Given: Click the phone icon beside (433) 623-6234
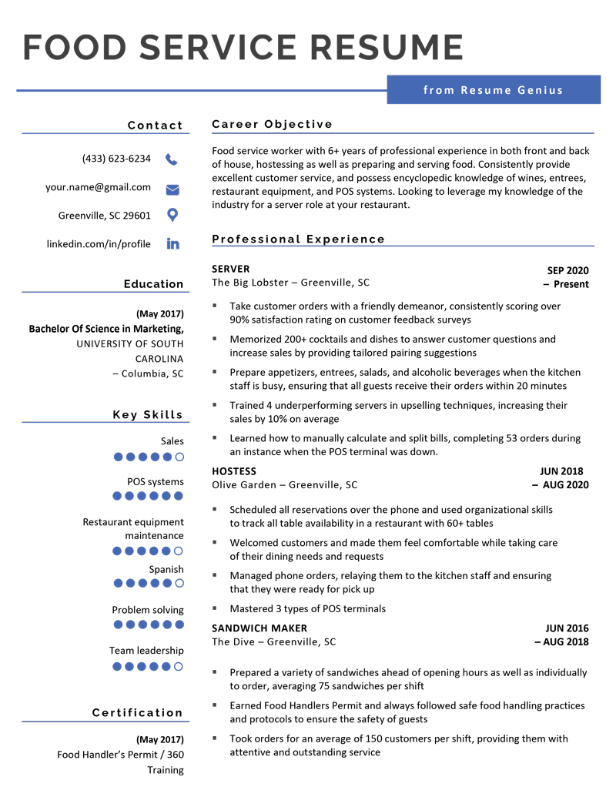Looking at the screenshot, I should (171, 159).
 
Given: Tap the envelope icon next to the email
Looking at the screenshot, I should (172, 189).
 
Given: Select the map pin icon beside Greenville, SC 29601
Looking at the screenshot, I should (172, 216).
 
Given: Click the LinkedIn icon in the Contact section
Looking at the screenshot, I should (172, 244).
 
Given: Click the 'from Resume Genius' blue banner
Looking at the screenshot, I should (493, 90).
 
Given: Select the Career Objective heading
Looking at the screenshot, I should (272, 124).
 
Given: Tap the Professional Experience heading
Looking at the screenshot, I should (298, 239).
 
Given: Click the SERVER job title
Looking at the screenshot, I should (230, 269).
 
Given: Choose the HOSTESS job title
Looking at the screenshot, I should (234, 471).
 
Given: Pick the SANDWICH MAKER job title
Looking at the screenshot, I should (259, 628).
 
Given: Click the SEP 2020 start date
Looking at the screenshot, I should (567, 270).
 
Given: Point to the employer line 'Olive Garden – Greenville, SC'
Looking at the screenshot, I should (284, 485).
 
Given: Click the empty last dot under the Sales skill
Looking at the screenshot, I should (179, 457).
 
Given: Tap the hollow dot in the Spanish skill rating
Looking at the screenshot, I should (179, 583).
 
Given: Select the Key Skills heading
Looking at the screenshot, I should (148, 415).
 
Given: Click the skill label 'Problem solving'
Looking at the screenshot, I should (148, 610).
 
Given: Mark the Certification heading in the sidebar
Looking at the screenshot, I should (137, 712).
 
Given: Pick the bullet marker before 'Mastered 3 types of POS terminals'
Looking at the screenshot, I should (215, 608).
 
